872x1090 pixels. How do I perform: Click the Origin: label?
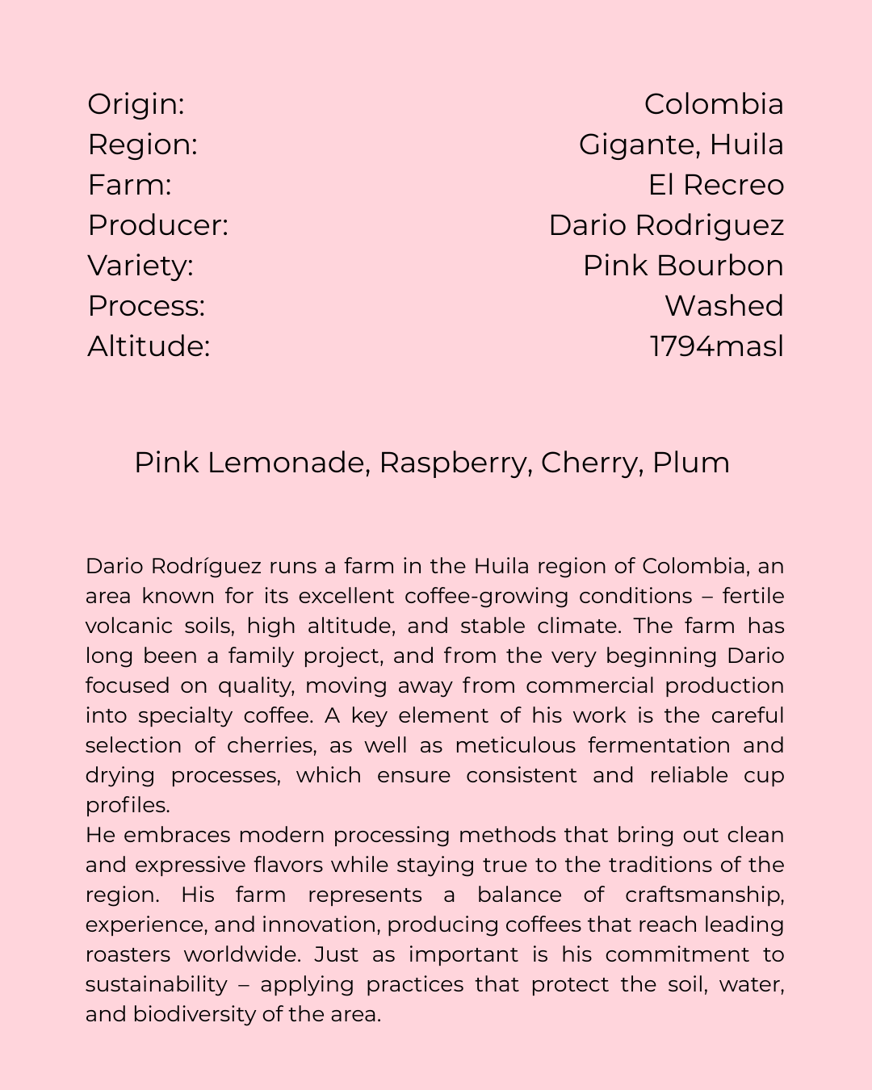pyautogui.click(x=136, y=104)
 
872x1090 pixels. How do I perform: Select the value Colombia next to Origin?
pyautogui.click(x=714, y=104)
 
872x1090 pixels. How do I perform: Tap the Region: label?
pyautogui.click(x=142, y=145)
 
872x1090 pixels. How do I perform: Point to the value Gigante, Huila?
pyautogui.click(x=681, y=145)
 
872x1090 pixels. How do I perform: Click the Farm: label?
pyautogui.click(x=129, y=185)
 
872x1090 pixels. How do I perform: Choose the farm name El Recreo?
pyautogui.click(x=715, y=185)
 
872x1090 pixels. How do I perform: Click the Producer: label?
pyautogui.click(x=157, y=225)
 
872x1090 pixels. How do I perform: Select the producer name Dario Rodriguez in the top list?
pyautogui.click(x=666, y=225)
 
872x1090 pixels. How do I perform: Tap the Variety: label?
pyautogui.click(x=140, y=266)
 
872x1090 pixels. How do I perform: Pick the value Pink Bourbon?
pyautogui.click(x=683, y=266)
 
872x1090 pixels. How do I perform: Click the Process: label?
pyautogui.click(x=146, y=306)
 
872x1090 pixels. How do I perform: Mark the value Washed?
pyautogui.click(x=723, y=306)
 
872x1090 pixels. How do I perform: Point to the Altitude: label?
pyautogui.click(x=149, y=346)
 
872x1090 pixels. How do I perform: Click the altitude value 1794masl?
pyautogui.click(x=717, y=346)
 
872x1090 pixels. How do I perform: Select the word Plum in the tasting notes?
pyautogui.click(x=691, y=463)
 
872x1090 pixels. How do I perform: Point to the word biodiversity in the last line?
pyautogui.click(x=194, y=1014)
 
